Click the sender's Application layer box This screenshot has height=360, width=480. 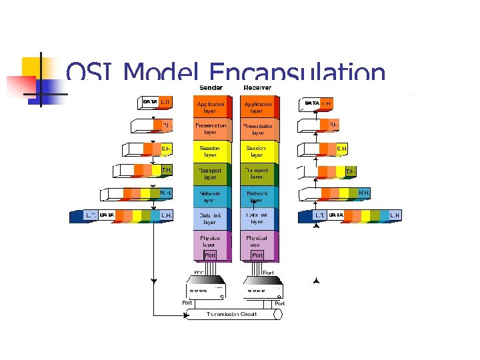[x=210, y=107]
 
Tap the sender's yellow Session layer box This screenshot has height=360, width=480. [x=210, y=151]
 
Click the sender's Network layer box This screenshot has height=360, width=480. [x=210, y=197]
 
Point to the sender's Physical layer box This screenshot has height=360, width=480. [x=210, y=241]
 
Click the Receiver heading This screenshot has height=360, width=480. [x=257, y=87]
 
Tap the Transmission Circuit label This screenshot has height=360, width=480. [x=232, y=314]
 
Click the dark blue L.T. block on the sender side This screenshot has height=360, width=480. [x=90, y=215]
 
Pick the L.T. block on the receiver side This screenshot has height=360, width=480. [x=320, y=215]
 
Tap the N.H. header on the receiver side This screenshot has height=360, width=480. [x=364, y=193]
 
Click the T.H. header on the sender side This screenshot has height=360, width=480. [x=167, y=171]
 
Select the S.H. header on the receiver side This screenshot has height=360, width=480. [x=341, y=149]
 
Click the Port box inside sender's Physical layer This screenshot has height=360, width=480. [x=210, y=255]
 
